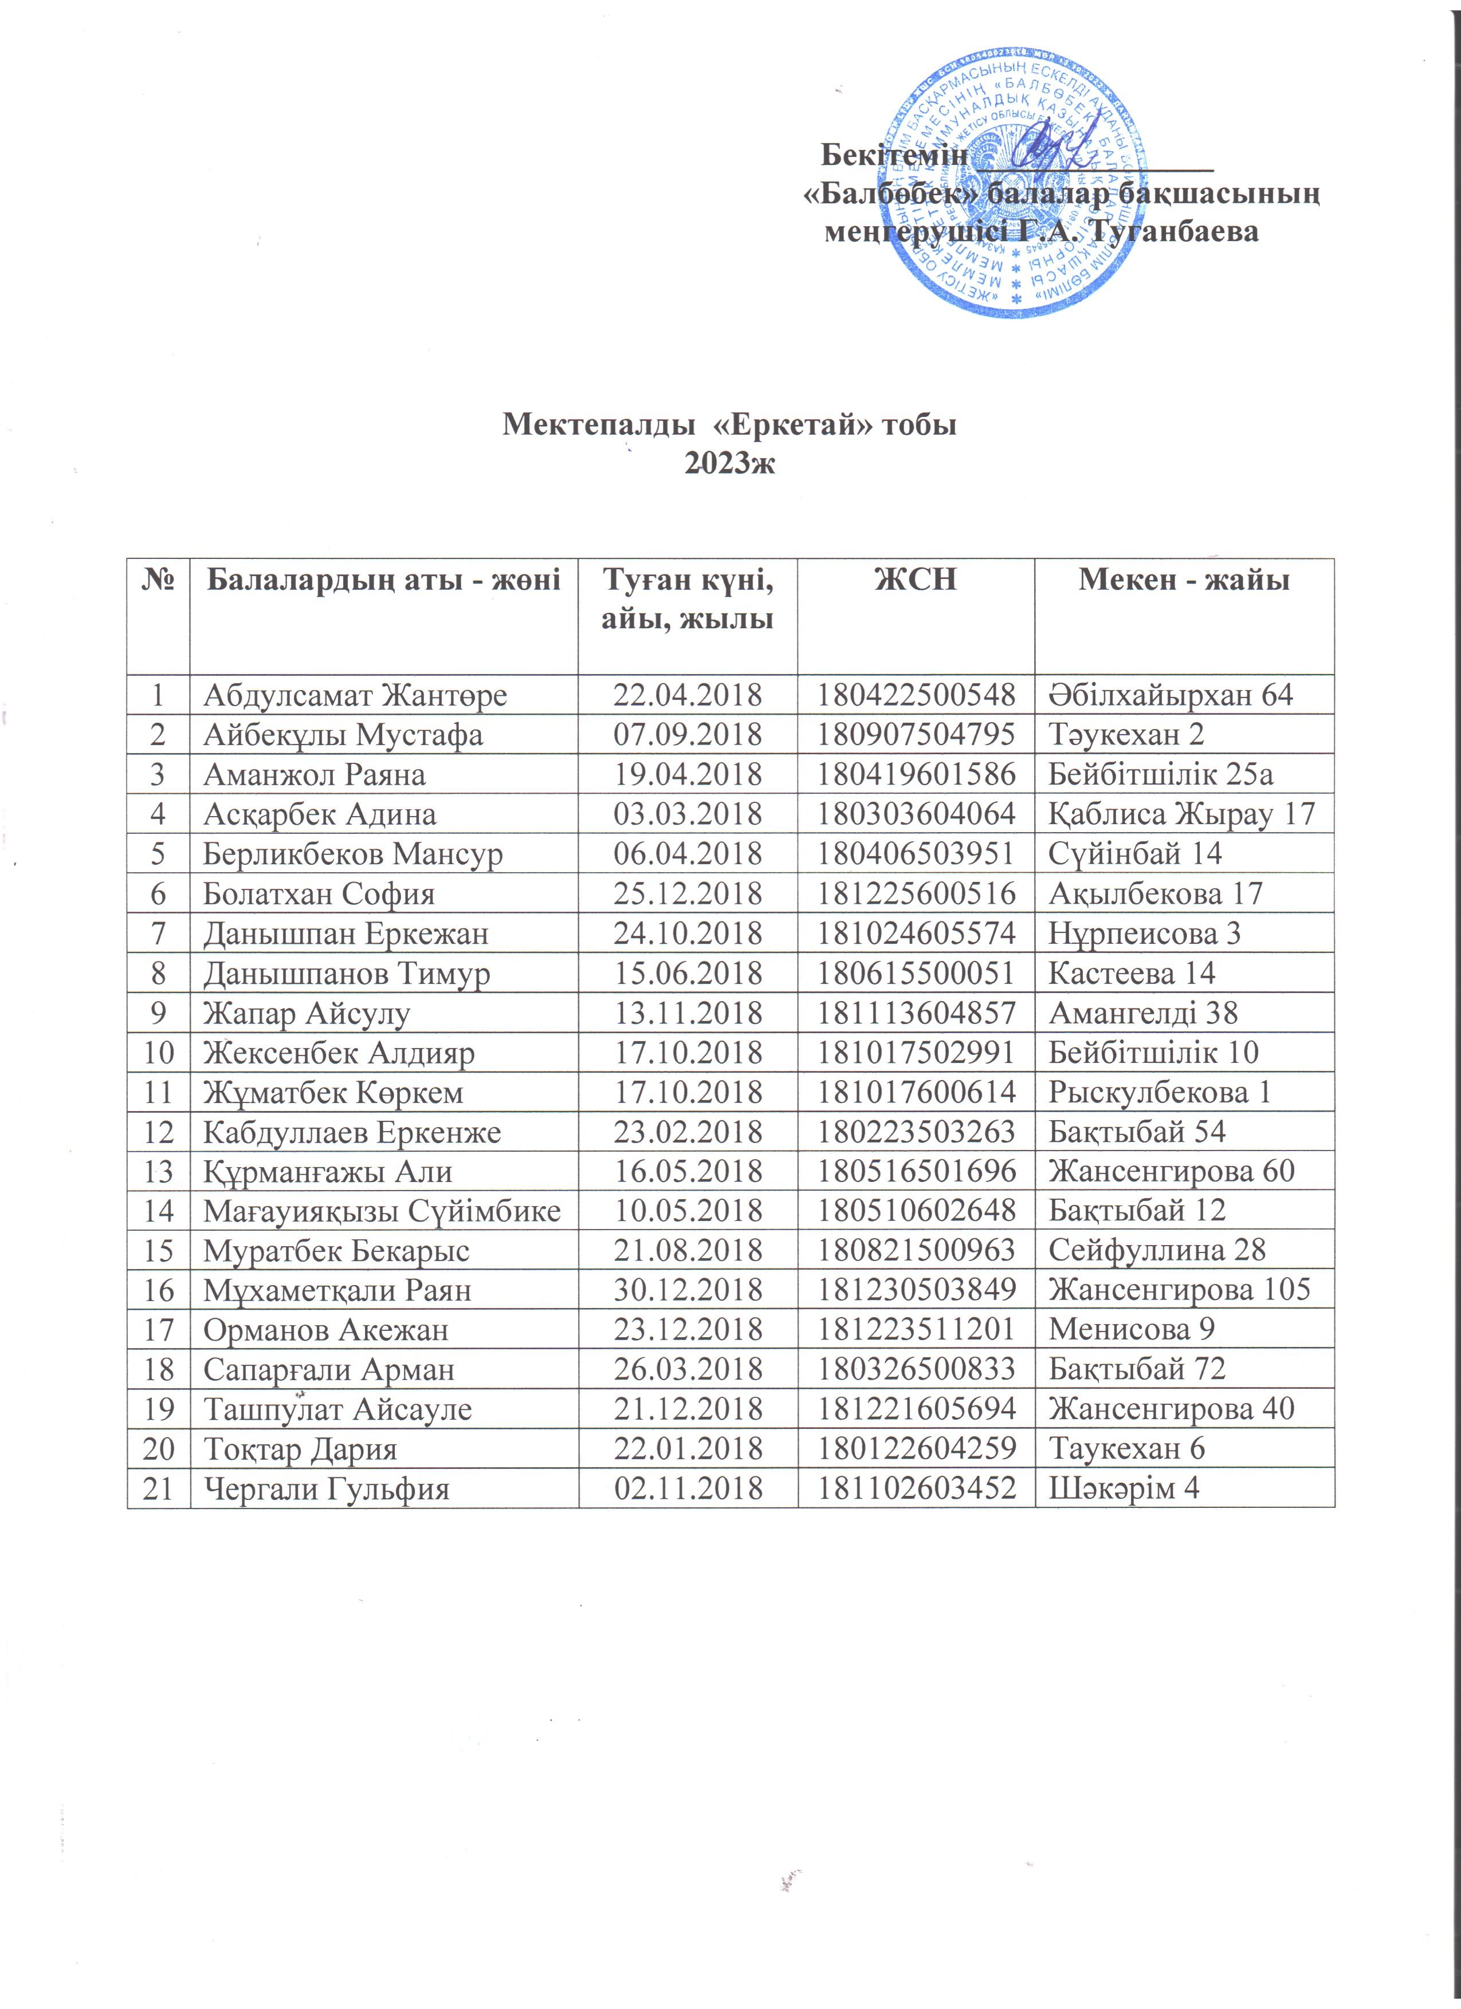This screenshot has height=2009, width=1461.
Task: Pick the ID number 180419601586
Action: pos(915,775)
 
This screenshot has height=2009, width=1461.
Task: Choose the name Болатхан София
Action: pos(319,894)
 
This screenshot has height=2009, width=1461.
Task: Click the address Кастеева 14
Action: pos(1132,974)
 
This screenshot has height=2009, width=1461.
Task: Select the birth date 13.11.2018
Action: pos(688,1013)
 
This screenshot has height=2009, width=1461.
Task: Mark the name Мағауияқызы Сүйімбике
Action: pos(382,1211)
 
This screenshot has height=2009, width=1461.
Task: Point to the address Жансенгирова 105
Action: pos(1179,1290)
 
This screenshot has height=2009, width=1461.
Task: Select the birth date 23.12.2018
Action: pos(688,1330)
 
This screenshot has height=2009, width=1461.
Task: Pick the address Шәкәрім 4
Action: pos(1124,1489)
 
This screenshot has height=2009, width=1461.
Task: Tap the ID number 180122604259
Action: pos(915,1449)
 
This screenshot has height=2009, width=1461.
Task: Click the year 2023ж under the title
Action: pos(730,462)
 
